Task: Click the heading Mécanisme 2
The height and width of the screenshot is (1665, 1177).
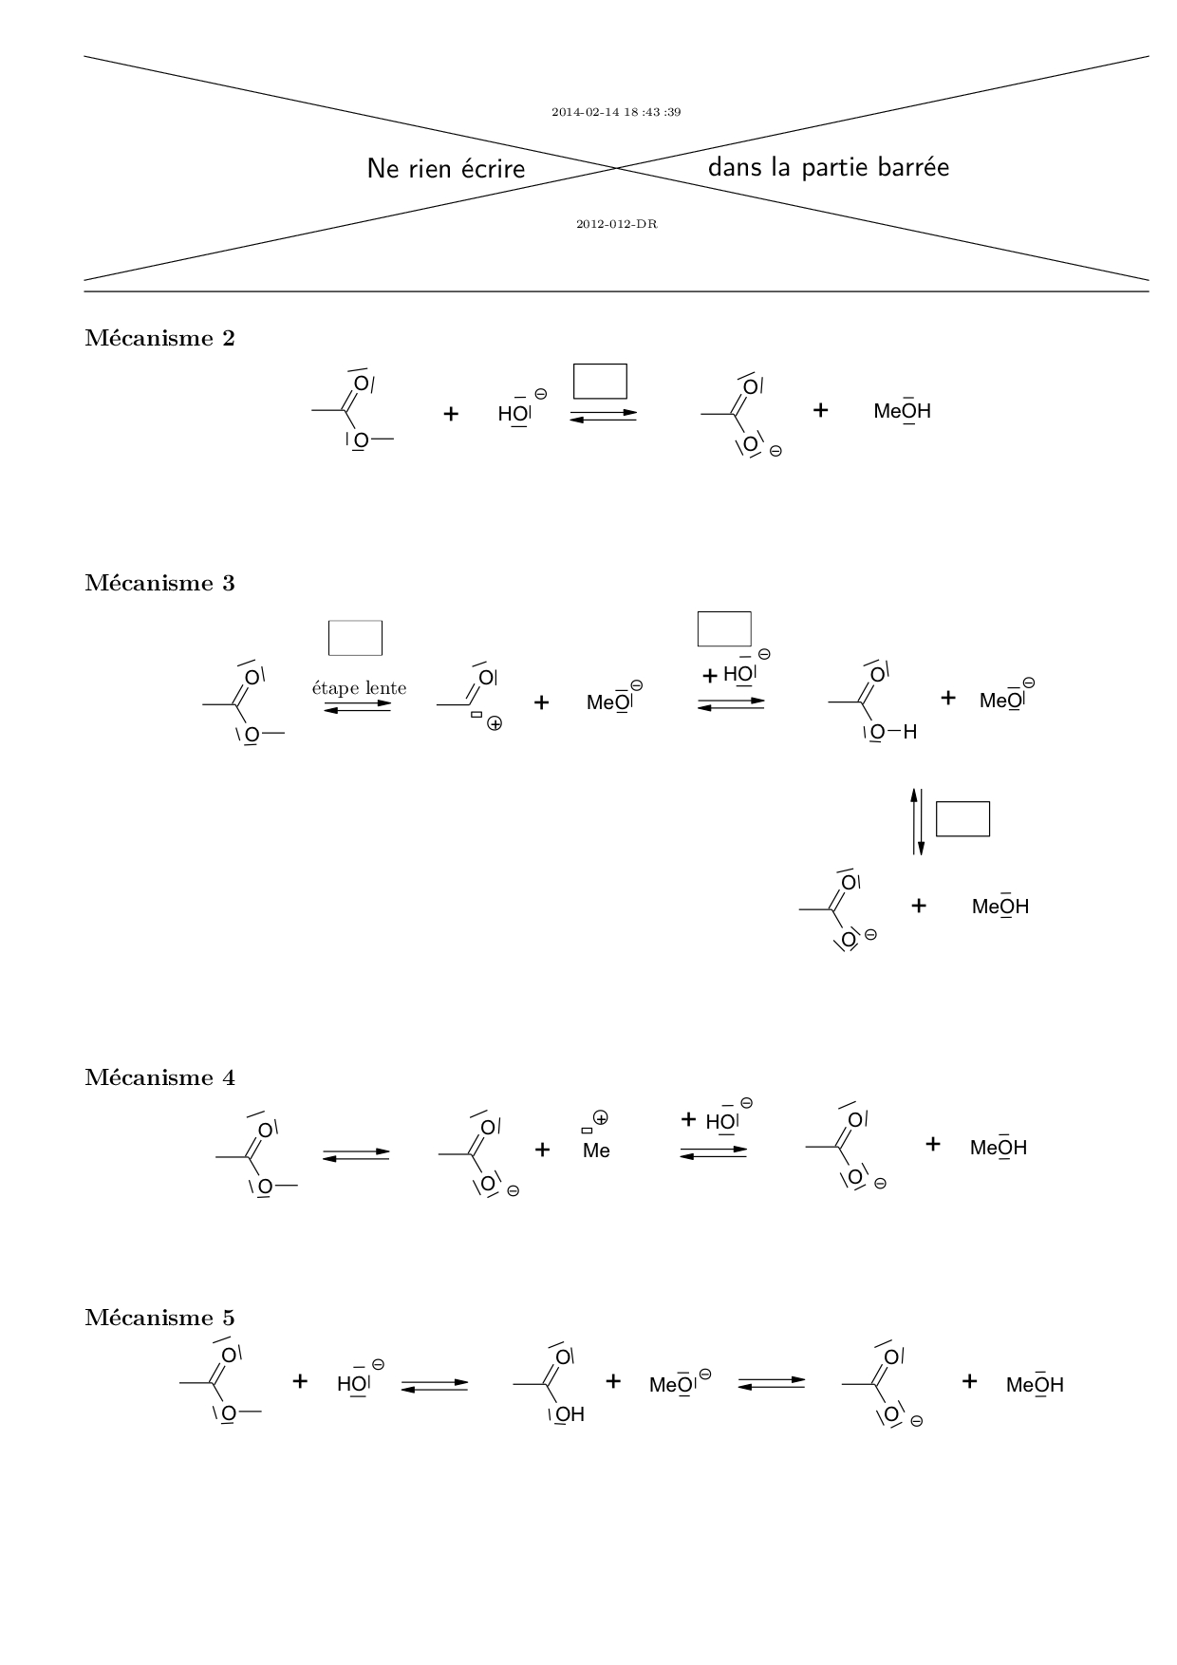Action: (159, 338)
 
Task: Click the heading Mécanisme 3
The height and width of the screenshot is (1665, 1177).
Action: (159, 583)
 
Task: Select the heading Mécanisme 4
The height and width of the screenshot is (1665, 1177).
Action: (159, 1077)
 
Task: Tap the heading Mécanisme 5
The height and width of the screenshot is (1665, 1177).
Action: (159, 1318)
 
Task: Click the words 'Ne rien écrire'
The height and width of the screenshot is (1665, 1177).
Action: (446, 169)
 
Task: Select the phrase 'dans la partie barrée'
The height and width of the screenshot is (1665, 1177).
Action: (828, 168)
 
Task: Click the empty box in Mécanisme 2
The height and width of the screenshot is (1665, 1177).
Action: (600, 381)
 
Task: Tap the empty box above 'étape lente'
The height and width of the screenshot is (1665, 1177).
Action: (355, 638)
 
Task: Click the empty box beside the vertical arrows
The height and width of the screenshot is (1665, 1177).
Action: (962, 819)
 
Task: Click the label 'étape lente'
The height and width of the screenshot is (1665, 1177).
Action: (359, 688)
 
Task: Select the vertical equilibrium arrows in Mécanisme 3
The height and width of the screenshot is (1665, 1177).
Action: (917, 821)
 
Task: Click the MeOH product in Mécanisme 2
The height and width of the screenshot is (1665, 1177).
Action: (902, 411)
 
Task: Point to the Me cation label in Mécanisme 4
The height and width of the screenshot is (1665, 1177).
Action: (596, 1151)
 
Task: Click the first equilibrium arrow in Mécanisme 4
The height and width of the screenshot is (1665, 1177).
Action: (356, 1155)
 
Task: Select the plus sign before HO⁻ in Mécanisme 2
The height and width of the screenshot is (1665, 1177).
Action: (451, 414)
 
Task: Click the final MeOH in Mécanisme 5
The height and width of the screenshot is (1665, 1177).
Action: (1035, 1384)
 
